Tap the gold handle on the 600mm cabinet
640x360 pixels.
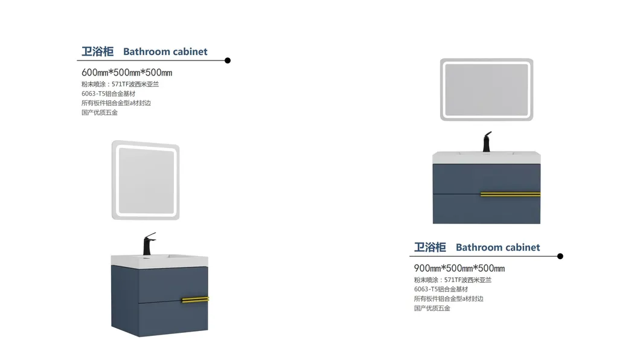point(195,300)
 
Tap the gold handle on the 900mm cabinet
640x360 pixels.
point(510,194)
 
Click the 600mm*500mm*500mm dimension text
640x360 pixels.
point(127,72)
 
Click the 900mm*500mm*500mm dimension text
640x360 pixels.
point(459,268)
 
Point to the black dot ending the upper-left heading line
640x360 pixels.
point(228,60)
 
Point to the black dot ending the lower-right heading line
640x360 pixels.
point(560,256)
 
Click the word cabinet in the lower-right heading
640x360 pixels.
point(523,247)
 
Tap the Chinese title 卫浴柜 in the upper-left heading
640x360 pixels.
point(98,51)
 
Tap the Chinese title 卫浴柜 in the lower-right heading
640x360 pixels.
point(430,247)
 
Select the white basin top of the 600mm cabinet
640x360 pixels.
point(159,261)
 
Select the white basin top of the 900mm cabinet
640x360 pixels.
point(487,157)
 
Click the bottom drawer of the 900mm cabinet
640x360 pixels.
point(487,209)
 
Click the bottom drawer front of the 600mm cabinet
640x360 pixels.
point(173,319)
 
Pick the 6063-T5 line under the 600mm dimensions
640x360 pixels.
point(108,94)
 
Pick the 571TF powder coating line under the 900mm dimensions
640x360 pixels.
point(453,280)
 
